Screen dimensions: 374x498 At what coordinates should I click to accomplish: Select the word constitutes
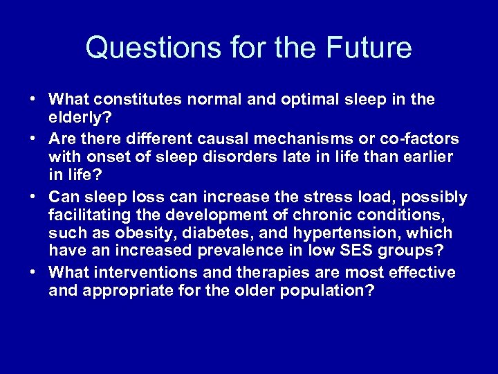pos(133,100)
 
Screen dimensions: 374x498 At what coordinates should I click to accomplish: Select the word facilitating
pos(86,215)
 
